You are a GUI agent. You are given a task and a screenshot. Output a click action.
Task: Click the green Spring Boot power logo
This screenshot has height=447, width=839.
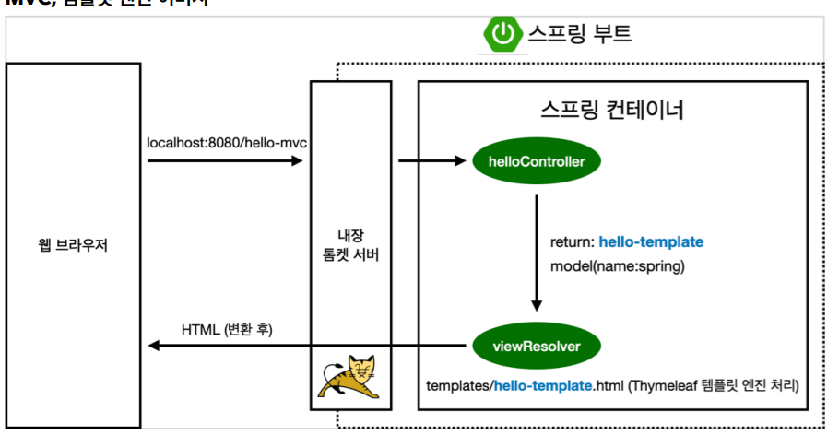tap(502, 34)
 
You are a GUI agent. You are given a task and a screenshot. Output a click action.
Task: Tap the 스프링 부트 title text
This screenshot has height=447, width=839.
tap(579, 34)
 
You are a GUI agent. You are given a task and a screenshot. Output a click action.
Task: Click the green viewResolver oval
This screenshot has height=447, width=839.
tap(538, 346)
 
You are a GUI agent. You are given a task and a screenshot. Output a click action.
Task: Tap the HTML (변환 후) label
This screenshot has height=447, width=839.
tap(227, 329)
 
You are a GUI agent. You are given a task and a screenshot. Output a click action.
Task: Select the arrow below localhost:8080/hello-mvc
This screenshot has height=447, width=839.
tap(225, 161)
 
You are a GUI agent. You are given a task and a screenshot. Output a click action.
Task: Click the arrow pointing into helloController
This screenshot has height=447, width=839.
tap(432, 161)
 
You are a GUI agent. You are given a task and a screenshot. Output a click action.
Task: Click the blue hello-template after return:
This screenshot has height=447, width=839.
tap(651, 242)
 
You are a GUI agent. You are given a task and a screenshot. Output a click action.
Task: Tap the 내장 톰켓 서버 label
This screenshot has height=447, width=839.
tap(350, 244)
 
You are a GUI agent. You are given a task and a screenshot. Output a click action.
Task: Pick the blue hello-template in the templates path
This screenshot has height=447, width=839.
tap(543, 383)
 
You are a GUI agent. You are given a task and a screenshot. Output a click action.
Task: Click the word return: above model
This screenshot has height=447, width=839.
tap(572, 242)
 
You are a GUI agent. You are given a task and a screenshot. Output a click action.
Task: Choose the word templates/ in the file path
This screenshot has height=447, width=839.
tap(459, 383)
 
